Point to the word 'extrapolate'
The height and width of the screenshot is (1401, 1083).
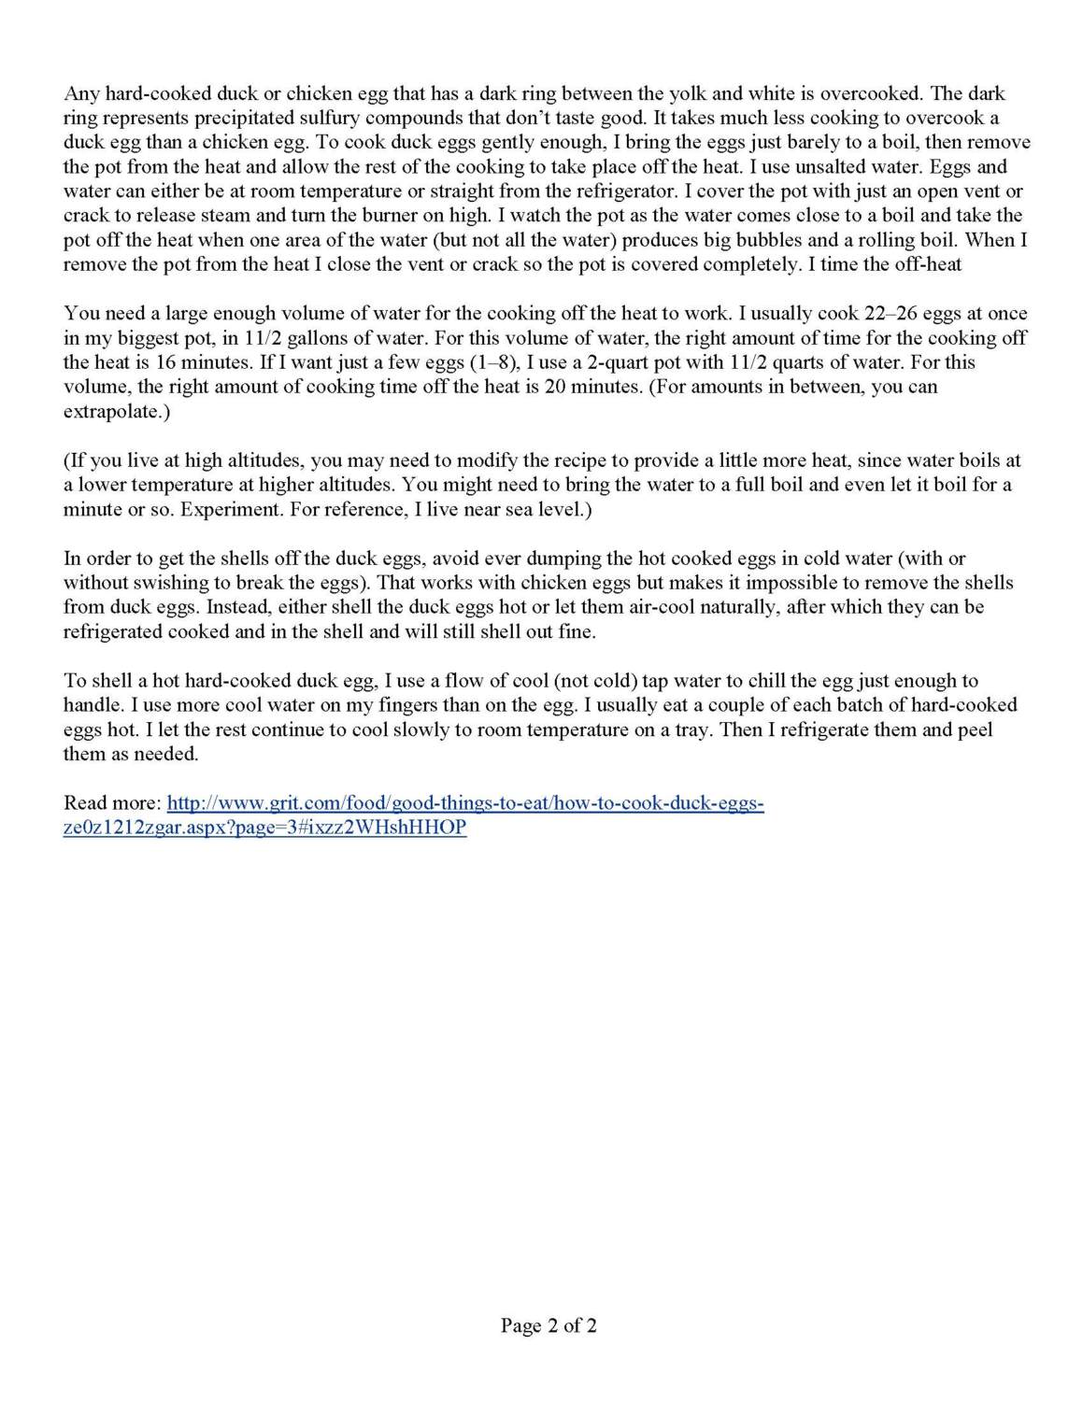[113, 411]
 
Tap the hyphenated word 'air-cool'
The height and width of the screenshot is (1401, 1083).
[655, 606]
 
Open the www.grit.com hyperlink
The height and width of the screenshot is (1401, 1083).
[465, 803]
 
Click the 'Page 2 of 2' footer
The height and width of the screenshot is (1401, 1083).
[549, 1324]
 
